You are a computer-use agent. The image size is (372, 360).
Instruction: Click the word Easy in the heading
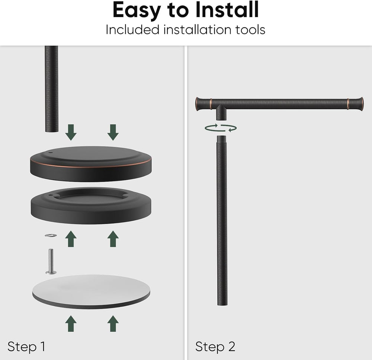[x=137, y=11]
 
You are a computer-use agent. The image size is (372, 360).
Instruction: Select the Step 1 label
[x=26, y=347]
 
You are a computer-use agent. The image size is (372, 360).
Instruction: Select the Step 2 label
[x=215, y=347]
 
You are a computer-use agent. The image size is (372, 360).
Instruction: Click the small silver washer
[x=51, y=235]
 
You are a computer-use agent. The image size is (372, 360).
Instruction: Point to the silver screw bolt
[x=51, y=262]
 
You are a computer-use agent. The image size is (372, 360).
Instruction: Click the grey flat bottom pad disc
[x=91, y=292]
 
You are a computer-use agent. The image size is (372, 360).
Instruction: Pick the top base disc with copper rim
[x=91, y=164]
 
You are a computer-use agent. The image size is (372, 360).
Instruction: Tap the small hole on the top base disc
[x=50, y=153]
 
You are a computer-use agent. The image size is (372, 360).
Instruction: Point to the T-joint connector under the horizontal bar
[x=221, y=112]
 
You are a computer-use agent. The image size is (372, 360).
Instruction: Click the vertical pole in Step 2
[x=222, y=220]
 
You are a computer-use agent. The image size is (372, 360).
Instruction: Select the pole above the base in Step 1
[x=51, y=89]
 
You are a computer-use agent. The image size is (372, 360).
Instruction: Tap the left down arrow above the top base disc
[x=71, y=132]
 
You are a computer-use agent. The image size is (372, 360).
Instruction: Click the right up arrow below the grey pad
[x=113, y=324]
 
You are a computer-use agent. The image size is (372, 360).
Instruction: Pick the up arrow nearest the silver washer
[x=71, y=239]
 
